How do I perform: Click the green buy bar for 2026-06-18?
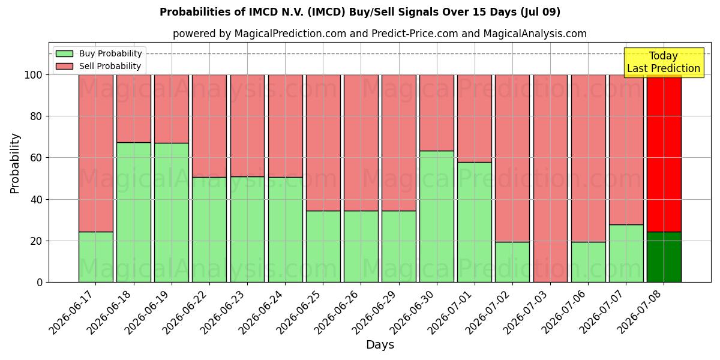click(134, 212)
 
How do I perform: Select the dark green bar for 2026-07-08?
click(664, 257)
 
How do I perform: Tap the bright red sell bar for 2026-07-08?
click(664, 154)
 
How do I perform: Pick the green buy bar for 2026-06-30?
click(437, 217)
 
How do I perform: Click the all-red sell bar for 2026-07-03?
click(551, 178)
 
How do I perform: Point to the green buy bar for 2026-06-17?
click(96, 257)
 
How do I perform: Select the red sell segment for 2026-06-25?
click(323, 143)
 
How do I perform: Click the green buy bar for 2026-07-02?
click(512, 262)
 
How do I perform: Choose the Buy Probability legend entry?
click(98, 53)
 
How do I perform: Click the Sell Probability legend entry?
click(98, 66)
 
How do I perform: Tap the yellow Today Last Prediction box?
click(664, 62)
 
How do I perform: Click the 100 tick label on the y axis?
click(34, 75)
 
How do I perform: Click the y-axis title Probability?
click(15, 164)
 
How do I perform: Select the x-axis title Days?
click(380, 345)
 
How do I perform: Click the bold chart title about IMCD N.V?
click(360, 12)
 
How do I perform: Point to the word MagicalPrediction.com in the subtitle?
click(290, 34)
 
